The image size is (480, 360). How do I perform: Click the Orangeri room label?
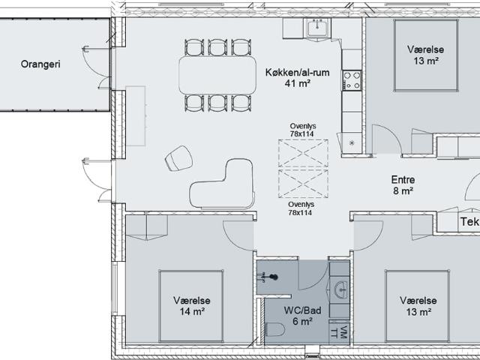(40, 64)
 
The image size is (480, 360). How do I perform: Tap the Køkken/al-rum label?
(297, 73)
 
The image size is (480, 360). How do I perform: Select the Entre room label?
(403, 180)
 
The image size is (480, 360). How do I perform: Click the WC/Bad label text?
(302, 310)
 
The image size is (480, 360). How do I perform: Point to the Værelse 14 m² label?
(192, 306)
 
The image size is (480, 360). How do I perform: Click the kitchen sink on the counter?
(317, 28)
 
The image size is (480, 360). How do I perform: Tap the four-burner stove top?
(352, 80)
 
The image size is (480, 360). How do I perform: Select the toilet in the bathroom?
(275, 330)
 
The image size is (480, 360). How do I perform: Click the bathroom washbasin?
(341, 289)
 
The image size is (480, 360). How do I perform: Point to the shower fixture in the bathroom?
(268, 277)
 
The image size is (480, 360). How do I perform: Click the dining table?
(217, 75)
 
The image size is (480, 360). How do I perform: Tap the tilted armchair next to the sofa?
(178, 158)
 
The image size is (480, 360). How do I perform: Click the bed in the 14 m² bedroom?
(191, 306)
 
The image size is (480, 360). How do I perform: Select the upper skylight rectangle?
(303, 153)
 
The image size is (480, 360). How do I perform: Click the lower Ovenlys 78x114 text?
(300, 208)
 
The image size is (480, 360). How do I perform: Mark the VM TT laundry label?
(340, 331)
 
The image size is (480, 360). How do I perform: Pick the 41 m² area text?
(298, 83)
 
